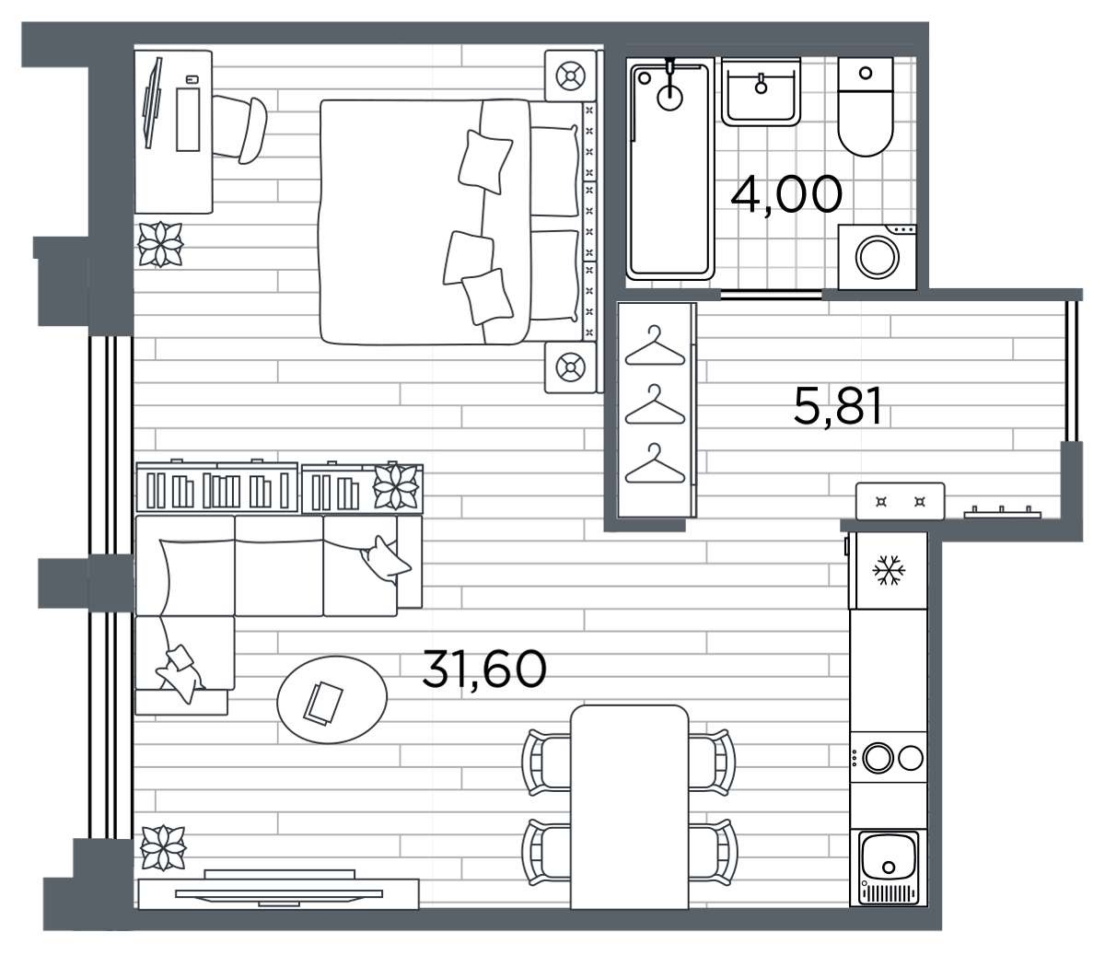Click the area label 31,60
483,669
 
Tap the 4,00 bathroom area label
786,194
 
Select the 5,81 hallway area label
837,406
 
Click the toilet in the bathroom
866,107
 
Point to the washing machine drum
877,257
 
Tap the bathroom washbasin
761,92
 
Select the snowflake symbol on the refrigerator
889,569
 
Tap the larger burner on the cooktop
878,758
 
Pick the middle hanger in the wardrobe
655,405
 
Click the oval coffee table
332,699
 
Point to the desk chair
240,128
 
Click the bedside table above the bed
570,76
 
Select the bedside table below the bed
570,367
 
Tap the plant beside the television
163,848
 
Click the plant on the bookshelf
396,486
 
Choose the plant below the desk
160,244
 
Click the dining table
630,807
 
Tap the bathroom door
771,294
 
